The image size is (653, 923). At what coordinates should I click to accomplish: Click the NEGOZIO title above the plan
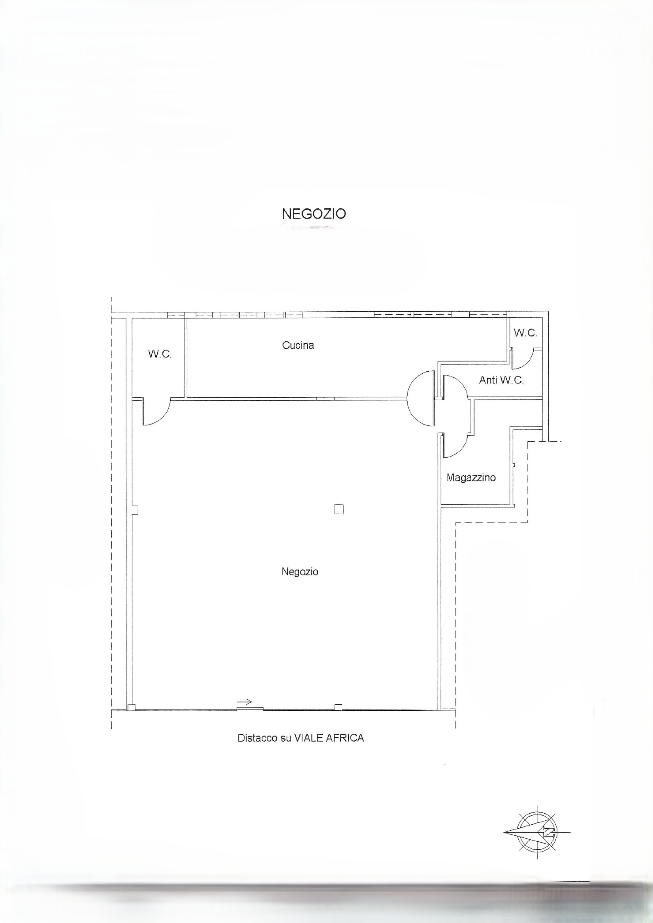point(314,214)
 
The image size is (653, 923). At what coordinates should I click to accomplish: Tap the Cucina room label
point(298,345)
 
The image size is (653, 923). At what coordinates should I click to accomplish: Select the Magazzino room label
point(471,477)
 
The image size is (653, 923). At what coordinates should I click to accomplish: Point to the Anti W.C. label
point(501,380)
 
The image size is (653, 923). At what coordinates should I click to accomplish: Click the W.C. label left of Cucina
point(160,354)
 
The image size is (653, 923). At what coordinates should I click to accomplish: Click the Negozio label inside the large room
point(300,572)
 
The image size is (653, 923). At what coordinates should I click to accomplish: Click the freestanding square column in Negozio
point(339,509)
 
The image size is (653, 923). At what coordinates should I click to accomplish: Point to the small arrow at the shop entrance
point(244,702)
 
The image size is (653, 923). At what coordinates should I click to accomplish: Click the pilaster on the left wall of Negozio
point(135,509)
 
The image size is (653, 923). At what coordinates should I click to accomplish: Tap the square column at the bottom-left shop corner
point(131,708)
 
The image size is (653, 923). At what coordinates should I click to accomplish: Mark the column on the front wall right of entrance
point(339,707)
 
